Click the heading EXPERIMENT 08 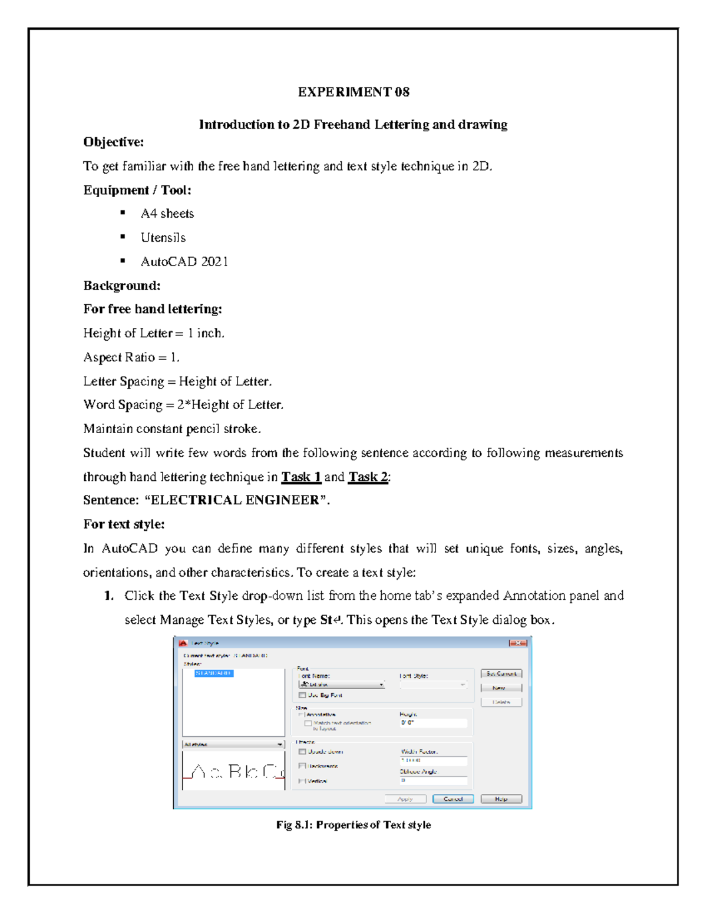(353, 92)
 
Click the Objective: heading (113, 142)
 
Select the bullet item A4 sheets (167, 214)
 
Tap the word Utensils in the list (163, 238)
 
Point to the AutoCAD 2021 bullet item (184, 262)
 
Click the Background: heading (121, 286)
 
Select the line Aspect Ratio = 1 (131, 357)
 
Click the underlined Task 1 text (301, 477)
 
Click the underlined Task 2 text (368, 477)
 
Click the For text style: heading (124, 524)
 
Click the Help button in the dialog (501, 799)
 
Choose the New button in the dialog (501, 687)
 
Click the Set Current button (501, 673)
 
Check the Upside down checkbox (302, 752)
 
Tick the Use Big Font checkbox (302, 695)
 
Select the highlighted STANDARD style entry (214, 673)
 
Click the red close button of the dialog (517, 643)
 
